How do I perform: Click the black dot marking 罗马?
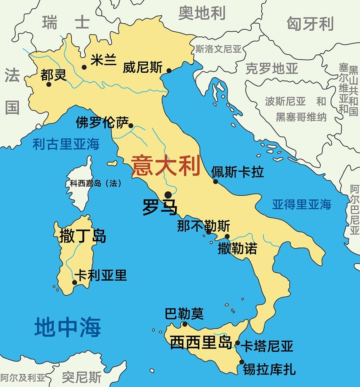[168, 195]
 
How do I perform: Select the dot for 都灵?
[49, 85]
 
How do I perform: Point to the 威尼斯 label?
[143, 68]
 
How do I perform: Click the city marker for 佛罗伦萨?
[131, 126]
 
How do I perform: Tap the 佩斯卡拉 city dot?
[215, 182]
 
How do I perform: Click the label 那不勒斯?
[203, 226]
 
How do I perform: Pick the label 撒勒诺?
[237, 249]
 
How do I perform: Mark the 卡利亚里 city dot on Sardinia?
[75, 282]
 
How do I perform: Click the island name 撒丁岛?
[83, 236]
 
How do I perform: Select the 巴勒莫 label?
[184, 314]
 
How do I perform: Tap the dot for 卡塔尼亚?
[238, 343]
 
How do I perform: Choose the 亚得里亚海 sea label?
[301, 205]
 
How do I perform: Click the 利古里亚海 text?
[66, 144]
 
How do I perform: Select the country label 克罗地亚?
[272, 68]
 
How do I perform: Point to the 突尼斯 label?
[81, 377]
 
